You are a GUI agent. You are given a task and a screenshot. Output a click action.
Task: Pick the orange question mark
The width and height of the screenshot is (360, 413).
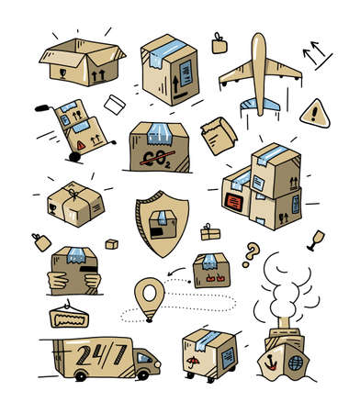tap(249, 251)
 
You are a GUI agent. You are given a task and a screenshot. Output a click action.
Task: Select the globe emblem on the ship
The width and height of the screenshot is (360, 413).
tap(297, 363)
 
